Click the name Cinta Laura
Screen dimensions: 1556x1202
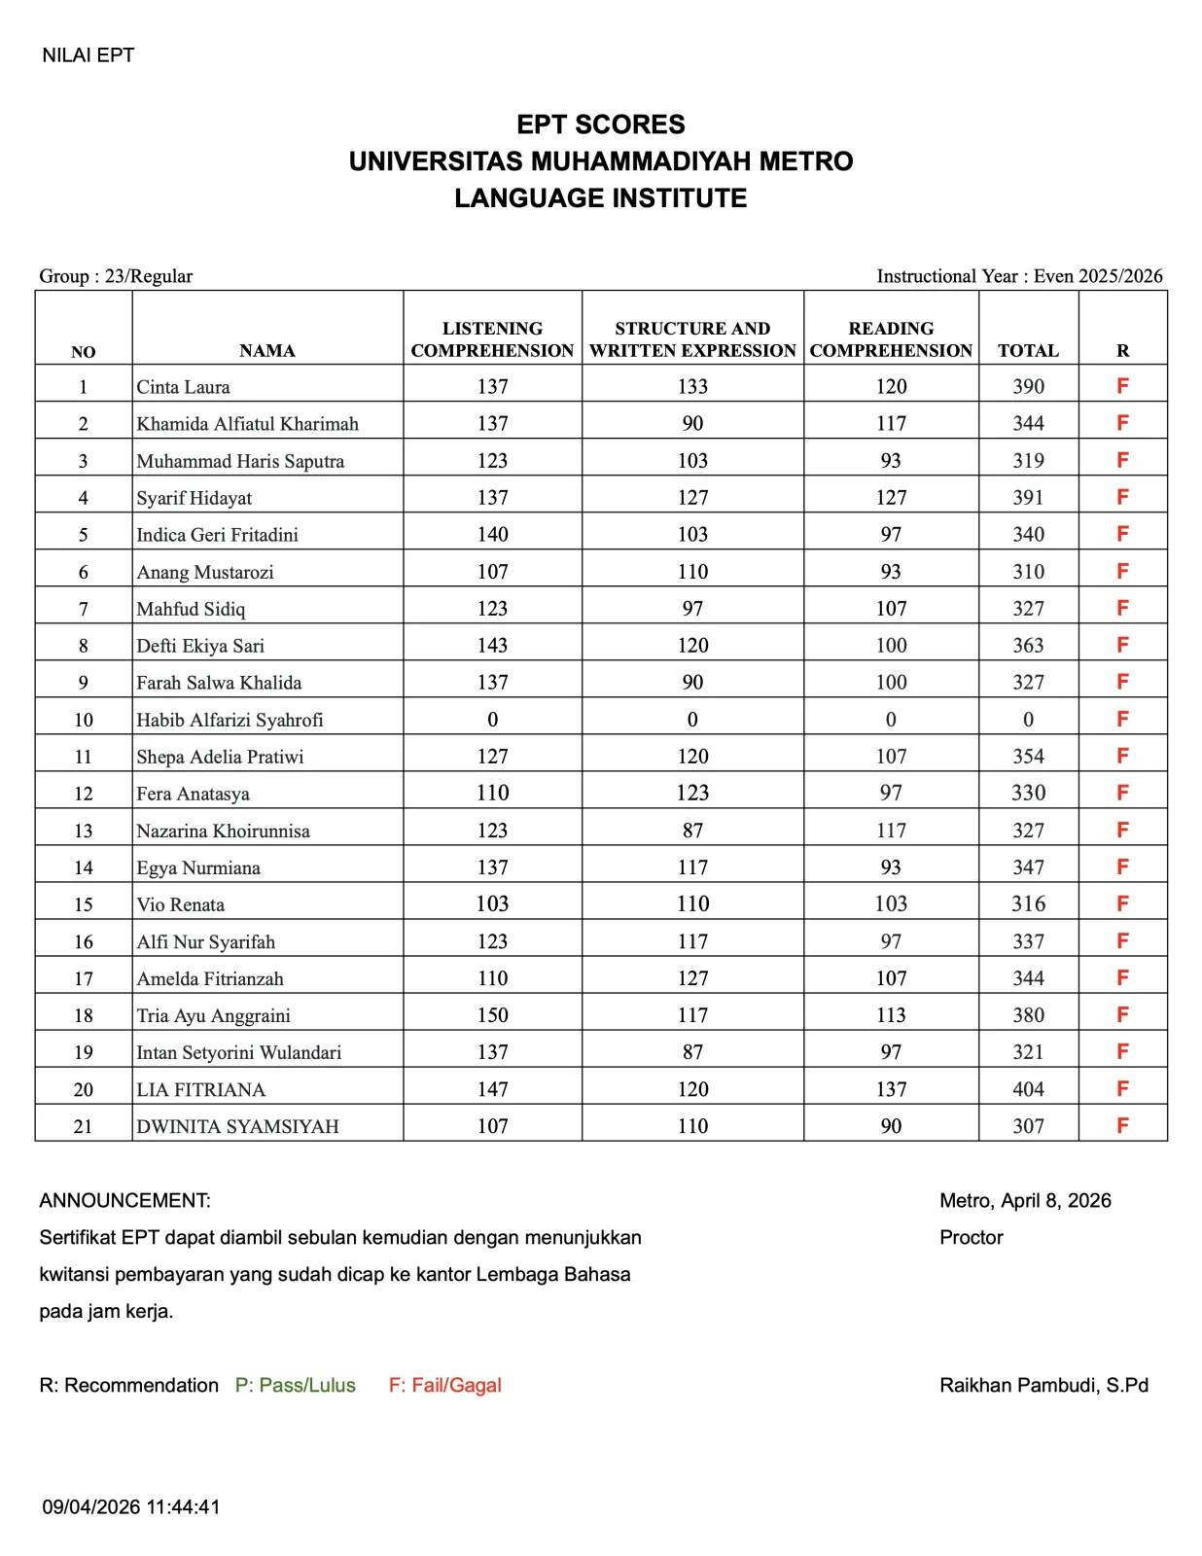coord(183,387)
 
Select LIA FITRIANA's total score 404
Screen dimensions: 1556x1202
coord(1028,1089)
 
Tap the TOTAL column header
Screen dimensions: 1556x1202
coord(1028,350)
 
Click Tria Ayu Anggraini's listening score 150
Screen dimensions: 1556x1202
coord(492,1015)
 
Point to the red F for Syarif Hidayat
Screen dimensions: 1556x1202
coord(1122,497)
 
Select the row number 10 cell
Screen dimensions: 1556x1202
coord(84,720)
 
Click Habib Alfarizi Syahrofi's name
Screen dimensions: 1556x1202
coord(230,720)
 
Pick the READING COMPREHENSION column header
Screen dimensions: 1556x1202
coord(891,339)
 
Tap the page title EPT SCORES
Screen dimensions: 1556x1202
coord(600,124)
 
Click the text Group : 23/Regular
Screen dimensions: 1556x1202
coord(116,276)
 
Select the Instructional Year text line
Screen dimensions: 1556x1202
coord(1019,276)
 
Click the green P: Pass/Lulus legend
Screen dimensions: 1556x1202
coord(295,1385)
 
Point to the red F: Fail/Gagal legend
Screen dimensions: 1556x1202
coord(444,1385)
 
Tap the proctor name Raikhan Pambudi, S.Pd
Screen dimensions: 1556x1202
coord(1043,1385)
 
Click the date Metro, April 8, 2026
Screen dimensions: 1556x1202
coord(1025,1200)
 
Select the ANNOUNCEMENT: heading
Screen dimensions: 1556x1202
coord(124,1200)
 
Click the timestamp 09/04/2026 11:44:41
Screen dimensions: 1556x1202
coord(131,1506)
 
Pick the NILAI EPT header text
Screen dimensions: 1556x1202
coord(88,55)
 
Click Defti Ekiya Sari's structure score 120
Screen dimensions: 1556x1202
coord(692,646)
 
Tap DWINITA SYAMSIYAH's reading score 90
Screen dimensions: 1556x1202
coord(891,1126)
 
